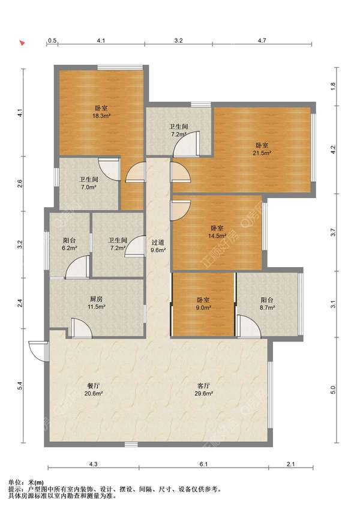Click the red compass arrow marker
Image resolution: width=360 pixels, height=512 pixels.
click(x=22, y=43)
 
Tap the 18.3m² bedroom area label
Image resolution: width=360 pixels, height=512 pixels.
click(x=101, y=112)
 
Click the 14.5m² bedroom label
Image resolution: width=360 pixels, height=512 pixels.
click(x=217, y=232)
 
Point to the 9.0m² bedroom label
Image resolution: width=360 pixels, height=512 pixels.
click(x=203, y=303)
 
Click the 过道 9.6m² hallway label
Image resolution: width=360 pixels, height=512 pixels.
click(x=158, y=246)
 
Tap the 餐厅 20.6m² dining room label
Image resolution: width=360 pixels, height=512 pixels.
click(x=94, y=390)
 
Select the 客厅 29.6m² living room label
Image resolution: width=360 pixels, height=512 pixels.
click(x=203, y=390)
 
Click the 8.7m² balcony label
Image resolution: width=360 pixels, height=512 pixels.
click(x=267, y=303)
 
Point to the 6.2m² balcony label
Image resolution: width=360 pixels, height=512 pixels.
click(x=70, y=244)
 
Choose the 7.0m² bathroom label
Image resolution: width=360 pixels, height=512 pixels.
click(x=89, y=183)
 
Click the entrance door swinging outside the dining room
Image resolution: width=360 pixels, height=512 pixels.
click(x=38, y=351)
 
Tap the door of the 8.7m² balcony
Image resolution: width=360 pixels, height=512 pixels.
click(x=249, y=326)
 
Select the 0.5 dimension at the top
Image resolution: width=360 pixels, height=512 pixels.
click(x=52, y=40)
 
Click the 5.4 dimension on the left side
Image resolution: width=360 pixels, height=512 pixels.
click(x=20, y=385)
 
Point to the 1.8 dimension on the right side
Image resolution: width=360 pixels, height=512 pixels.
click(x=332, y=86)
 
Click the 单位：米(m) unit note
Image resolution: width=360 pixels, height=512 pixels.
click(x=26, y=483)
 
